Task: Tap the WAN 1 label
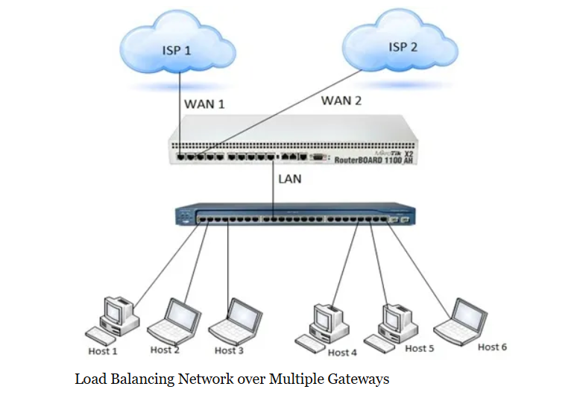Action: pyautogui.click(x=204, y=104)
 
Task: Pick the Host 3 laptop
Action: pyautogui.click(x=235, y=320)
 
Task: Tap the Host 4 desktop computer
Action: pyautogui.click(x=324, y=322)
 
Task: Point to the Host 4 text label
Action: pyautogui.click(x=342, y=353)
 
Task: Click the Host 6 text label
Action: pyautogui.click(x=492, y=347)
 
